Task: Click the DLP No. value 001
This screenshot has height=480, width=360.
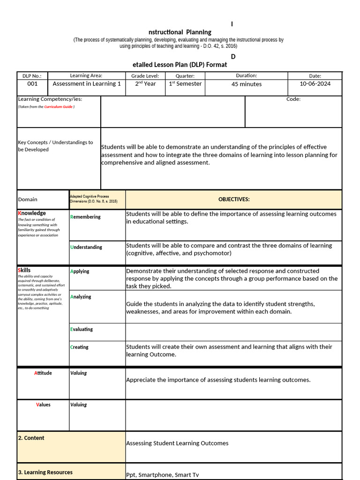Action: pyautogui.click(x=32, y=84)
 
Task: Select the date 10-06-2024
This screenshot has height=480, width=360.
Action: pyautogui.click(x=315, y=84)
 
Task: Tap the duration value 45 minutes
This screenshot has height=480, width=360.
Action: pyautogui.click(x=247, y=84)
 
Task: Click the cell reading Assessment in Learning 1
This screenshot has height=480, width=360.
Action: pyautogui.click(x=87, y=84)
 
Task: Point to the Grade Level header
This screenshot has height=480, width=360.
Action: pyautogui.click(x=145, y=76)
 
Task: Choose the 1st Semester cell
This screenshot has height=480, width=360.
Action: pyautogui.click(x=185, y=84)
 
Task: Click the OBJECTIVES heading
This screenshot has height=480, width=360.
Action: pyautogui.click(x=234, y=199)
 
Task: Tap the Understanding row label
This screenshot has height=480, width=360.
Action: pyautogui.click(x=86, y=247)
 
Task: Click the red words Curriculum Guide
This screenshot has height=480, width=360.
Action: pyautogui.click(x=59, y=107)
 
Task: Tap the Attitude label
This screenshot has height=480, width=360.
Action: pyautogui.click(x=43, y=373)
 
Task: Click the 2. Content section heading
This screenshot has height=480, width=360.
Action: pyautogui.click(x=31, y=438)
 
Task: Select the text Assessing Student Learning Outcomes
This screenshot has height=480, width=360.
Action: pyautogui.click(x=177, y=443)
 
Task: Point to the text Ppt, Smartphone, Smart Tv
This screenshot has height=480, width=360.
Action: pyautogui.click(x=162, y=475)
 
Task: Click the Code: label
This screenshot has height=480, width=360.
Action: pyautogui.click(x=293, y=99)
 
